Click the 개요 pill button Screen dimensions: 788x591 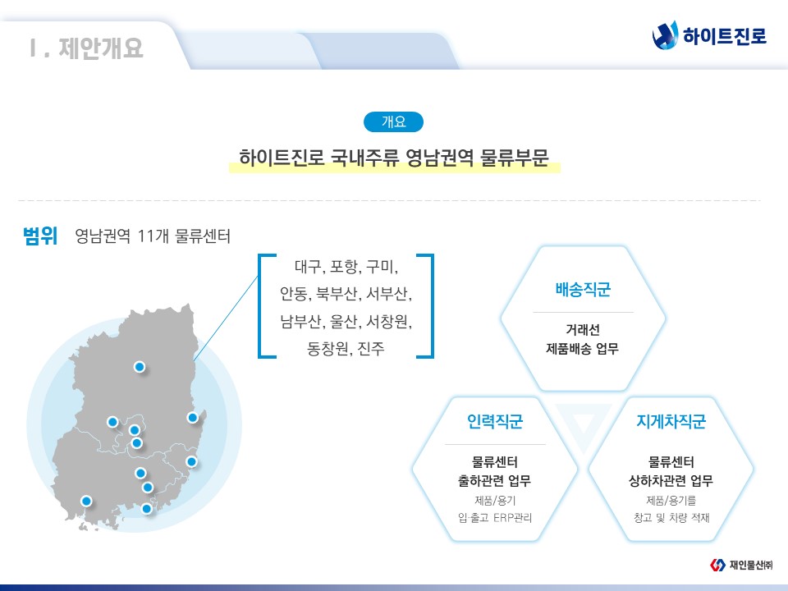393,121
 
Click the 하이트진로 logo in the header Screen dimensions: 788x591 709,35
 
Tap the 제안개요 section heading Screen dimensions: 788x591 100,48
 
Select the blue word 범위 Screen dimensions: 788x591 40,236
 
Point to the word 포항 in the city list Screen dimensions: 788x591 344,266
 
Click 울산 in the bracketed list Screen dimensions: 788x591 344,321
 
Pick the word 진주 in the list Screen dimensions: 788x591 371,348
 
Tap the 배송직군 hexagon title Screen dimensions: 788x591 583,290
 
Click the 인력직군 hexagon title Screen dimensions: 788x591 495,421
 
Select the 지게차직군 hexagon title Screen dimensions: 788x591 671,421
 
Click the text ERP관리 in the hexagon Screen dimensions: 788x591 512,518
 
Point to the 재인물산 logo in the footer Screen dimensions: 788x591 741,565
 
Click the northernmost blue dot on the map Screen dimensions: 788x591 140,367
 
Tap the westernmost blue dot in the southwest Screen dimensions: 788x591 86,501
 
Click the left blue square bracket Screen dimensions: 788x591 260,306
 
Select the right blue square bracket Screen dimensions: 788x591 432,306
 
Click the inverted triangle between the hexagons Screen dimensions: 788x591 583,422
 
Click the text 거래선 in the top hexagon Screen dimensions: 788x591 583,330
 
